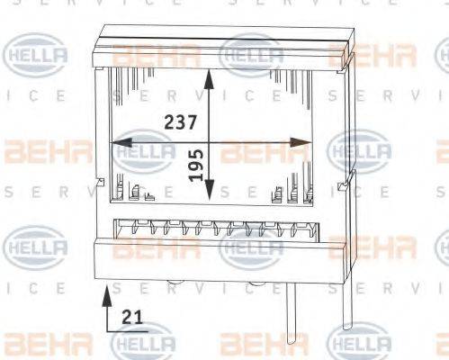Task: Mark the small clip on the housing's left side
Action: pyautogui.click(x=96, y=190)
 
